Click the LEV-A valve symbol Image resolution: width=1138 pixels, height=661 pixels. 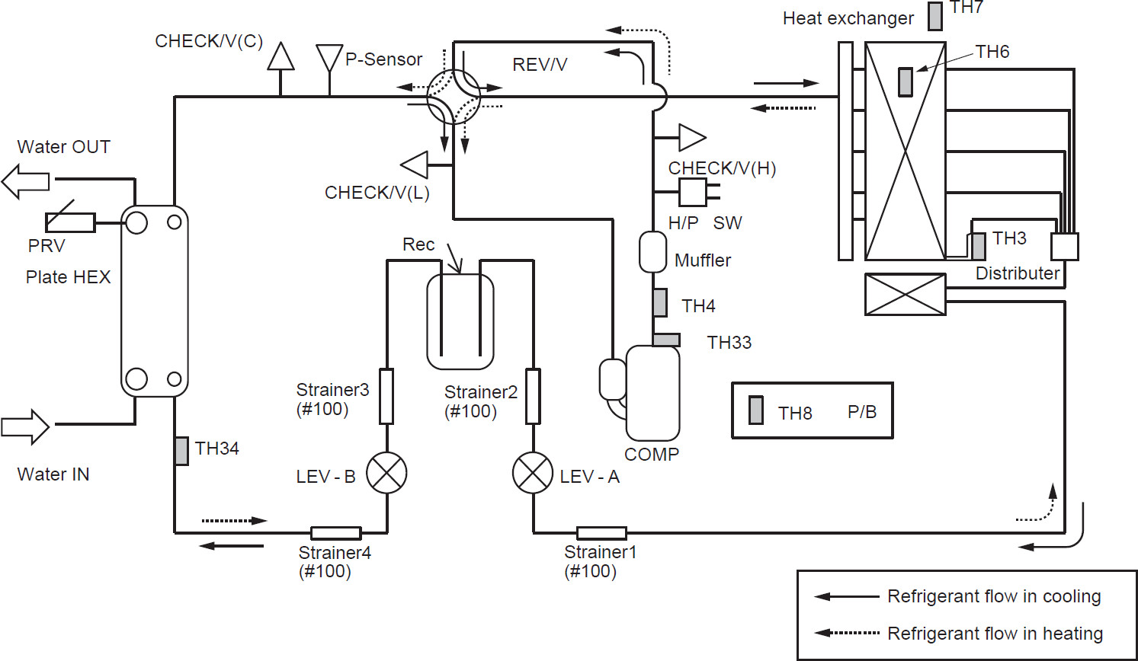(533, 473)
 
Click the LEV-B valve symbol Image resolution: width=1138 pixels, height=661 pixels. (386, 473)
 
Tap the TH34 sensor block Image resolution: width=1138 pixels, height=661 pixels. (181, 451)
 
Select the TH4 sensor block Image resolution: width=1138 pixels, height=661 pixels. (660, 302)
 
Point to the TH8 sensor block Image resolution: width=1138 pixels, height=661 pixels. (756, 410)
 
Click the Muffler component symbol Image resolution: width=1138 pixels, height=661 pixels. (652, 251)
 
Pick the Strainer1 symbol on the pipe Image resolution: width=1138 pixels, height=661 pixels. (601, 533)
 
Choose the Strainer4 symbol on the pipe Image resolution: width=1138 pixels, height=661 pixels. (335, 533)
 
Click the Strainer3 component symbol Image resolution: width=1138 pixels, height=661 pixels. (386, 396)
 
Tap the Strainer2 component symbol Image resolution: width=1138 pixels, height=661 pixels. (533, 396)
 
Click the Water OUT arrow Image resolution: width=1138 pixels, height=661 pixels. (25, 182)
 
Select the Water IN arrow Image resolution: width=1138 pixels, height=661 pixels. (25, 426)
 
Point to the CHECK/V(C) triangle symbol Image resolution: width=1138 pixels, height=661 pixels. (281, 56)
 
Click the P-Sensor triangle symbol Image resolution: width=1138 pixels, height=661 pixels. (329, 57)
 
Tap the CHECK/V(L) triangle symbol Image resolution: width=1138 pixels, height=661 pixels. (415, 164)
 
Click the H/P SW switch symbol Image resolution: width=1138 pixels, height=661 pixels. (693, 192)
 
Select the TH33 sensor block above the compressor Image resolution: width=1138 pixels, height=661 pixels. (666, 340)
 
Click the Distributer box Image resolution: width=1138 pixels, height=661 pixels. (1064, 247)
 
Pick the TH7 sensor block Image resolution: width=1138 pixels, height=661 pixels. (935, 16)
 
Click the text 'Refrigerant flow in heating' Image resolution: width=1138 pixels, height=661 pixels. (995, 634)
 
